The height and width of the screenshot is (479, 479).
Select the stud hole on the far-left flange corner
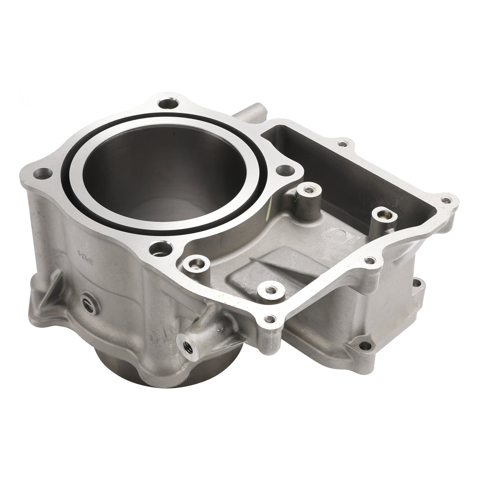click(x=43, y=173)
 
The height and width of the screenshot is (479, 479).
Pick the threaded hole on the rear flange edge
click(x=341, y=144)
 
